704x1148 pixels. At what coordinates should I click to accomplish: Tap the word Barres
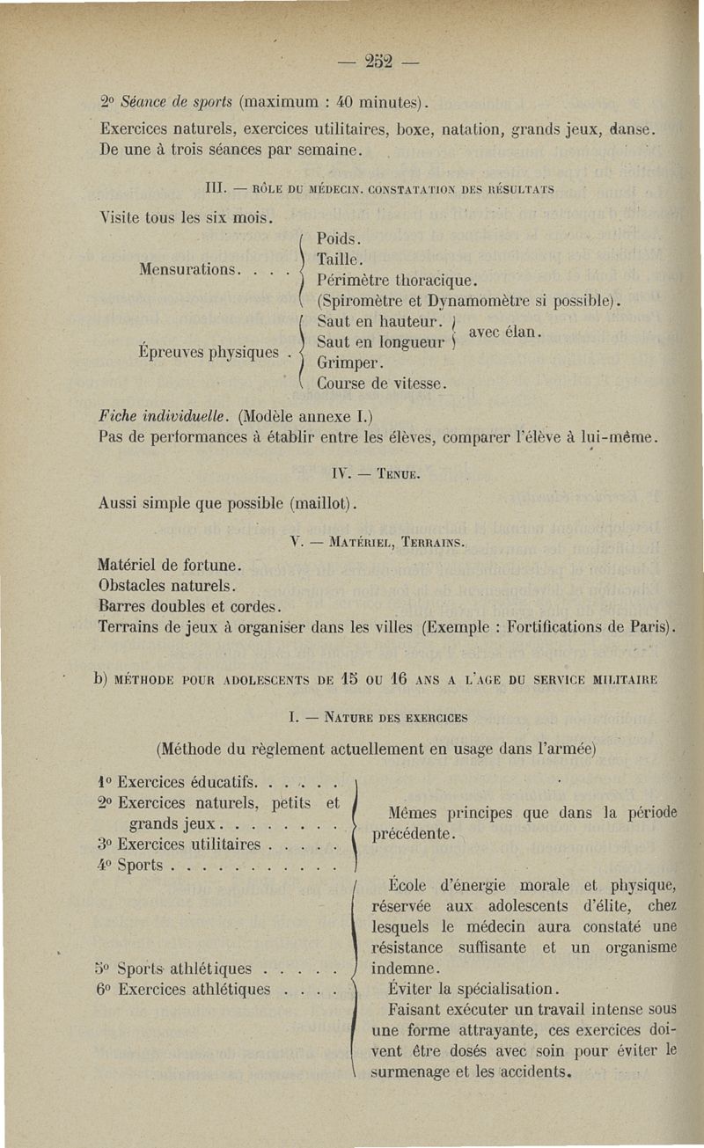tap(126, 606)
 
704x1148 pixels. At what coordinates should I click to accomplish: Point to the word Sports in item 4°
tap(140, 865)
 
